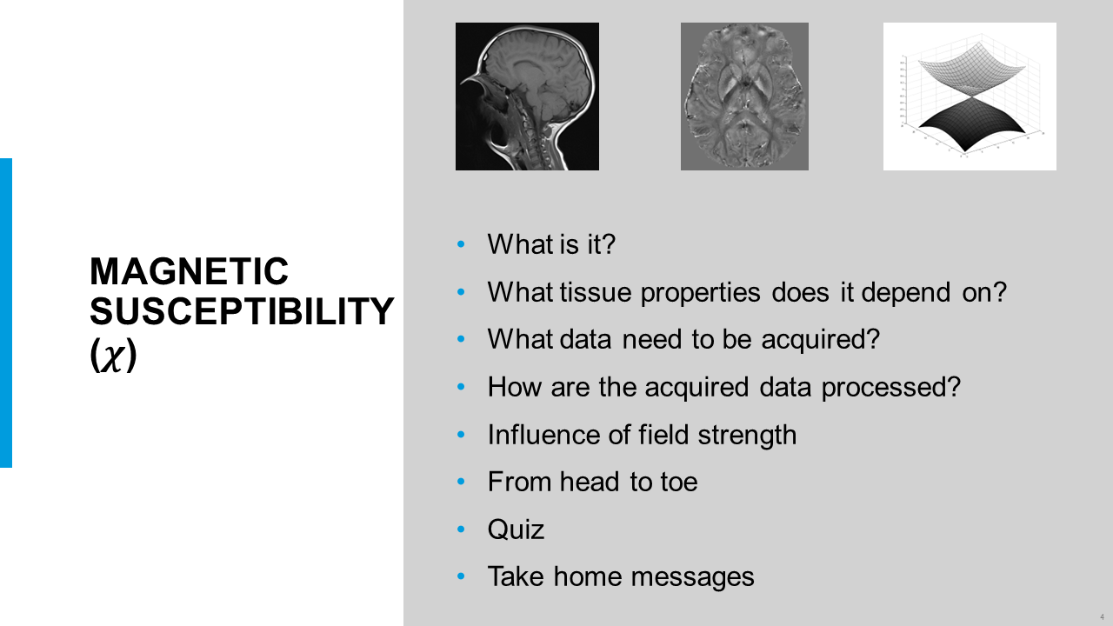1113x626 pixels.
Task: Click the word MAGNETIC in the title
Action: pos(189,271)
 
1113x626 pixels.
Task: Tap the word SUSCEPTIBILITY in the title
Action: pos(242,311)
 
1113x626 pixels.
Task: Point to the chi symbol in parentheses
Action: pos(113,356)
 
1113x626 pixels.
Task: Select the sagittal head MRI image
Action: pos(527,97)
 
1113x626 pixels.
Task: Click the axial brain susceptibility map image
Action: pos(744,97)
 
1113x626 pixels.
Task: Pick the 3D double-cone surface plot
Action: pos(970,97)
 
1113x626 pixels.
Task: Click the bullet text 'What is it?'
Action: pos(551,244)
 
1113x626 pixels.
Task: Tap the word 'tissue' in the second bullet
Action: pos(596,291)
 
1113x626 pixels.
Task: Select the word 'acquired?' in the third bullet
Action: pos(820,339)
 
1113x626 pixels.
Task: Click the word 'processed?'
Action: pos(891,387)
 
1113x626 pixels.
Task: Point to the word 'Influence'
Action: pos(543,434)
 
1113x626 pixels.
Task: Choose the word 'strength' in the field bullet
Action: pos(747,435)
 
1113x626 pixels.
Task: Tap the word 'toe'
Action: pos(679,482)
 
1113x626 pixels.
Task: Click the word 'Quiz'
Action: pos(516,529)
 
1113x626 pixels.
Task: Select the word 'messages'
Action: pos(692,577)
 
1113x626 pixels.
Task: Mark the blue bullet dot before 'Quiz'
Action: pos(461,529)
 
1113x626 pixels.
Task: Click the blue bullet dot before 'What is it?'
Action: pos(461,244)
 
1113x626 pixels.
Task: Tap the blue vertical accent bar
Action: pos(6,313)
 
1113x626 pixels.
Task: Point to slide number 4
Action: pos(1102,617)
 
